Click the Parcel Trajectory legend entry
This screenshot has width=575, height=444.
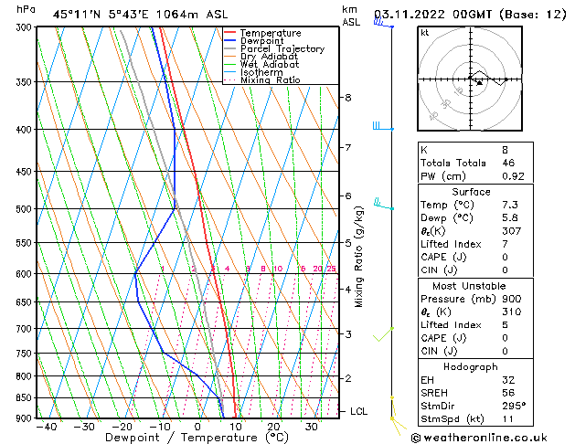pyautogui.click(x=282, y=49)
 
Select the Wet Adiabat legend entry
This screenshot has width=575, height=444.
pyautogui.click(x=270, y=65)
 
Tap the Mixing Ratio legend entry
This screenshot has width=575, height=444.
pyautogui.click(x=270, y=80)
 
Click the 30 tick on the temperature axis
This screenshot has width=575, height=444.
pyautogui.click(x=312, y=427)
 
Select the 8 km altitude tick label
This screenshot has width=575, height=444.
pyautogui.click(x=348, y=98)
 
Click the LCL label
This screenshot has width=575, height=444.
pyautogui.click(x=358, y=412)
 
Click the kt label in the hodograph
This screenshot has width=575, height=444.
pyautogui.click(x=425, y=33)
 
